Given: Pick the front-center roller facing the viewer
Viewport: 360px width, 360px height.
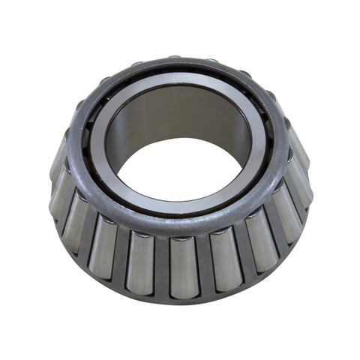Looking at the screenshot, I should (x=182, y=267).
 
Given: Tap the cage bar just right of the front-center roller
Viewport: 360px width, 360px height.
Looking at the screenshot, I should (x=203, y=267).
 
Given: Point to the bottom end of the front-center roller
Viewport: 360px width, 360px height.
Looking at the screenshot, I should (x=183, y=293).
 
